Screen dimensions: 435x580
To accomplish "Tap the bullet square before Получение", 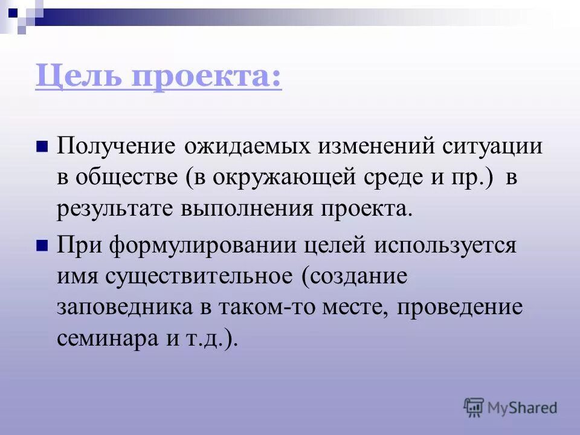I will click(x=42, y=147).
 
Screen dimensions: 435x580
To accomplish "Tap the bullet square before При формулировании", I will click(x=42, y=245).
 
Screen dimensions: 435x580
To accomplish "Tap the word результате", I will click(x=114, y=210).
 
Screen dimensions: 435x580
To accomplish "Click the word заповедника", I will click(x=125, y=308).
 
